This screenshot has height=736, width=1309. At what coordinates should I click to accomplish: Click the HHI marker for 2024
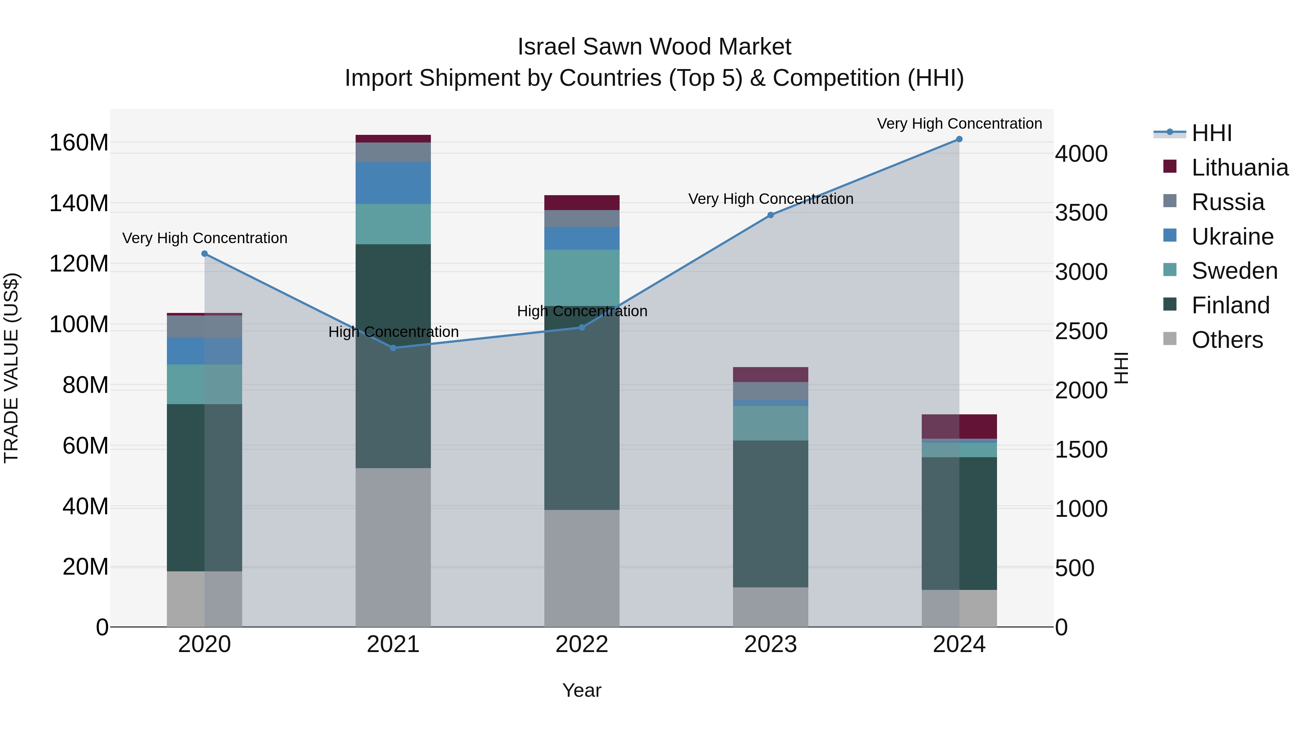(959, 139)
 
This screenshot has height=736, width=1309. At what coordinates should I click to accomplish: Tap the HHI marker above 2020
(204, 253)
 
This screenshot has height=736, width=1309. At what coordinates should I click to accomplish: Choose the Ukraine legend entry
(1232, 237)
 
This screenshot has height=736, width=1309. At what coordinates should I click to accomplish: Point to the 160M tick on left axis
(79, 143)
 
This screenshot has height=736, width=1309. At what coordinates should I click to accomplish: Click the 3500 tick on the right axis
(1081, 213)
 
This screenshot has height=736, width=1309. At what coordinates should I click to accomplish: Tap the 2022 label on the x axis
(581, 644)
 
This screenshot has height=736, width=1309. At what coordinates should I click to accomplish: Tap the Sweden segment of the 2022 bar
(581, 277)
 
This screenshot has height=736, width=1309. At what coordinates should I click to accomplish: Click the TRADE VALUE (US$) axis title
(11, 368)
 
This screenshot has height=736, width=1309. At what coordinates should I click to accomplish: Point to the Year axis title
(581, 690)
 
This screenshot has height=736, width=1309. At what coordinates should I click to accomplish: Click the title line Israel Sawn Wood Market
(654, 47)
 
